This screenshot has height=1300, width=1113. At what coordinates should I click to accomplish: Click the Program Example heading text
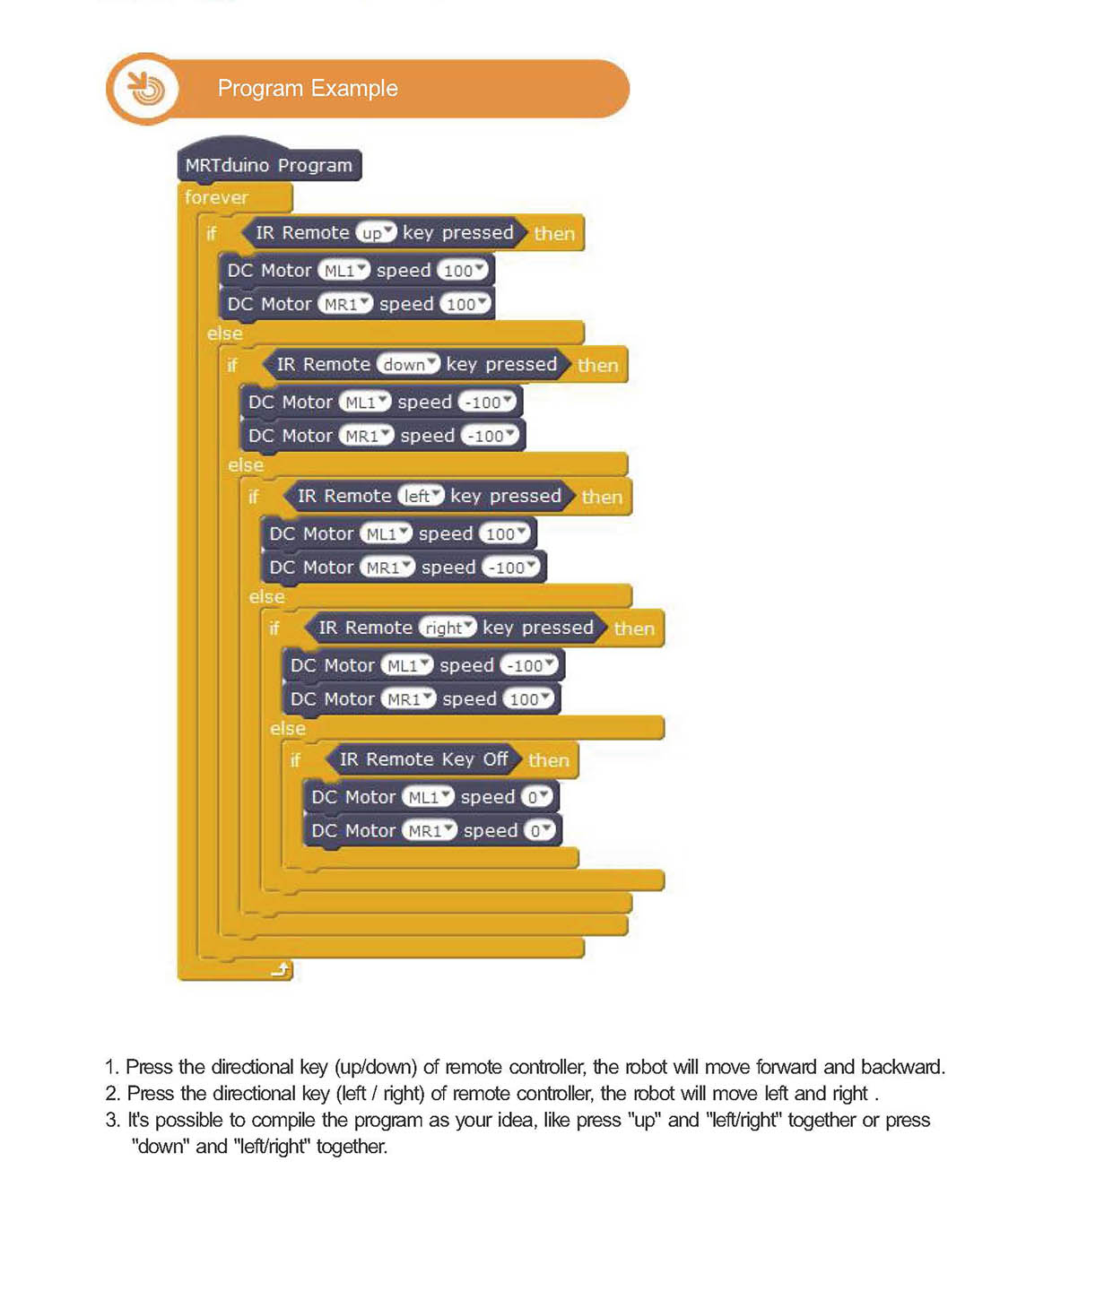[x=308, y=89]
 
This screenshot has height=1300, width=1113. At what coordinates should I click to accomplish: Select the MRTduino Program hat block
[x=268, y=165]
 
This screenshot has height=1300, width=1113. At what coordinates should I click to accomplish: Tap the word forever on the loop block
[x=216, y=197]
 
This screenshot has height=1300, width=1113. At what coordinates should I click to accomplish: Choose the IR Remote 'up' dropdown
[x=376, y=233]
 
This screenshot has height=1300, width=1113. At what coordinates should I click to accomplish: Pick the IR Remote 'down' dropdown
[x=408, y=365]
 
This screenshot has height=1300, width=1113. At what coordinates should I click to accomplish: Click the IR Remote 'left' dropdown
[x=421, y=496]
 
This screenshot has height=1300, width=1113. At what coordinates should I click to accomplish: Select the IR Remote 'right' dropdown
[x=448, y=628]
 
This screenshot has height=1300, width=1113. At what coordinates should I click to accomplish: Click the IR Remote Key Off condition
[x=423, y=759]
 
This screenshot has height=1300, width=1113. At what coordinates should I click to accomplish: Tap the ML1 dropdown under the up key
[x=344, y=271]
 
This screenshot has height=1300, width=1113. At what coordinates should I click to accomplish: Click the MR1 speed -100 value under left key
[x=513, y=568]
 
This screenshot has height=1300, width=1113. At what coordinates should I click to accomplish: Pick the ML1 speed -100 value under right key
[x=531, y=665]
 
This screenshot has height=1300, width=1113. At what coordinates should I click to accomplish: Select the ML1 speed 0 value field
[x=538, y=797]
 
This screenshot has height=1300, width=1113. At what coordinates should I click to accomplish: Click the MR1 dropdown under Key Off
[x=429, y=831]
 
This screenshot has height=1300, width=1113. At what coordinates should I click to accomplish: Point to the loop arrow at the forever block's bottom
[x=282, y=969]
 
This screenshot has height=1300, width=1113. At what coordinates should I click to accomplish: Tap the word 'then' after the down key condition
[x=597, y=365]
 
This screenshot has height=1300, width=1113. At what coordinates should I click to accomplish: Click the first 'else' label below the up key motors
[x=225, y=334]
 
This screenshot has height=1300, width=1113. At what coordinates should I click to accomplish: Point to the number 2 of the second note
[x=112, y=1094]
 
